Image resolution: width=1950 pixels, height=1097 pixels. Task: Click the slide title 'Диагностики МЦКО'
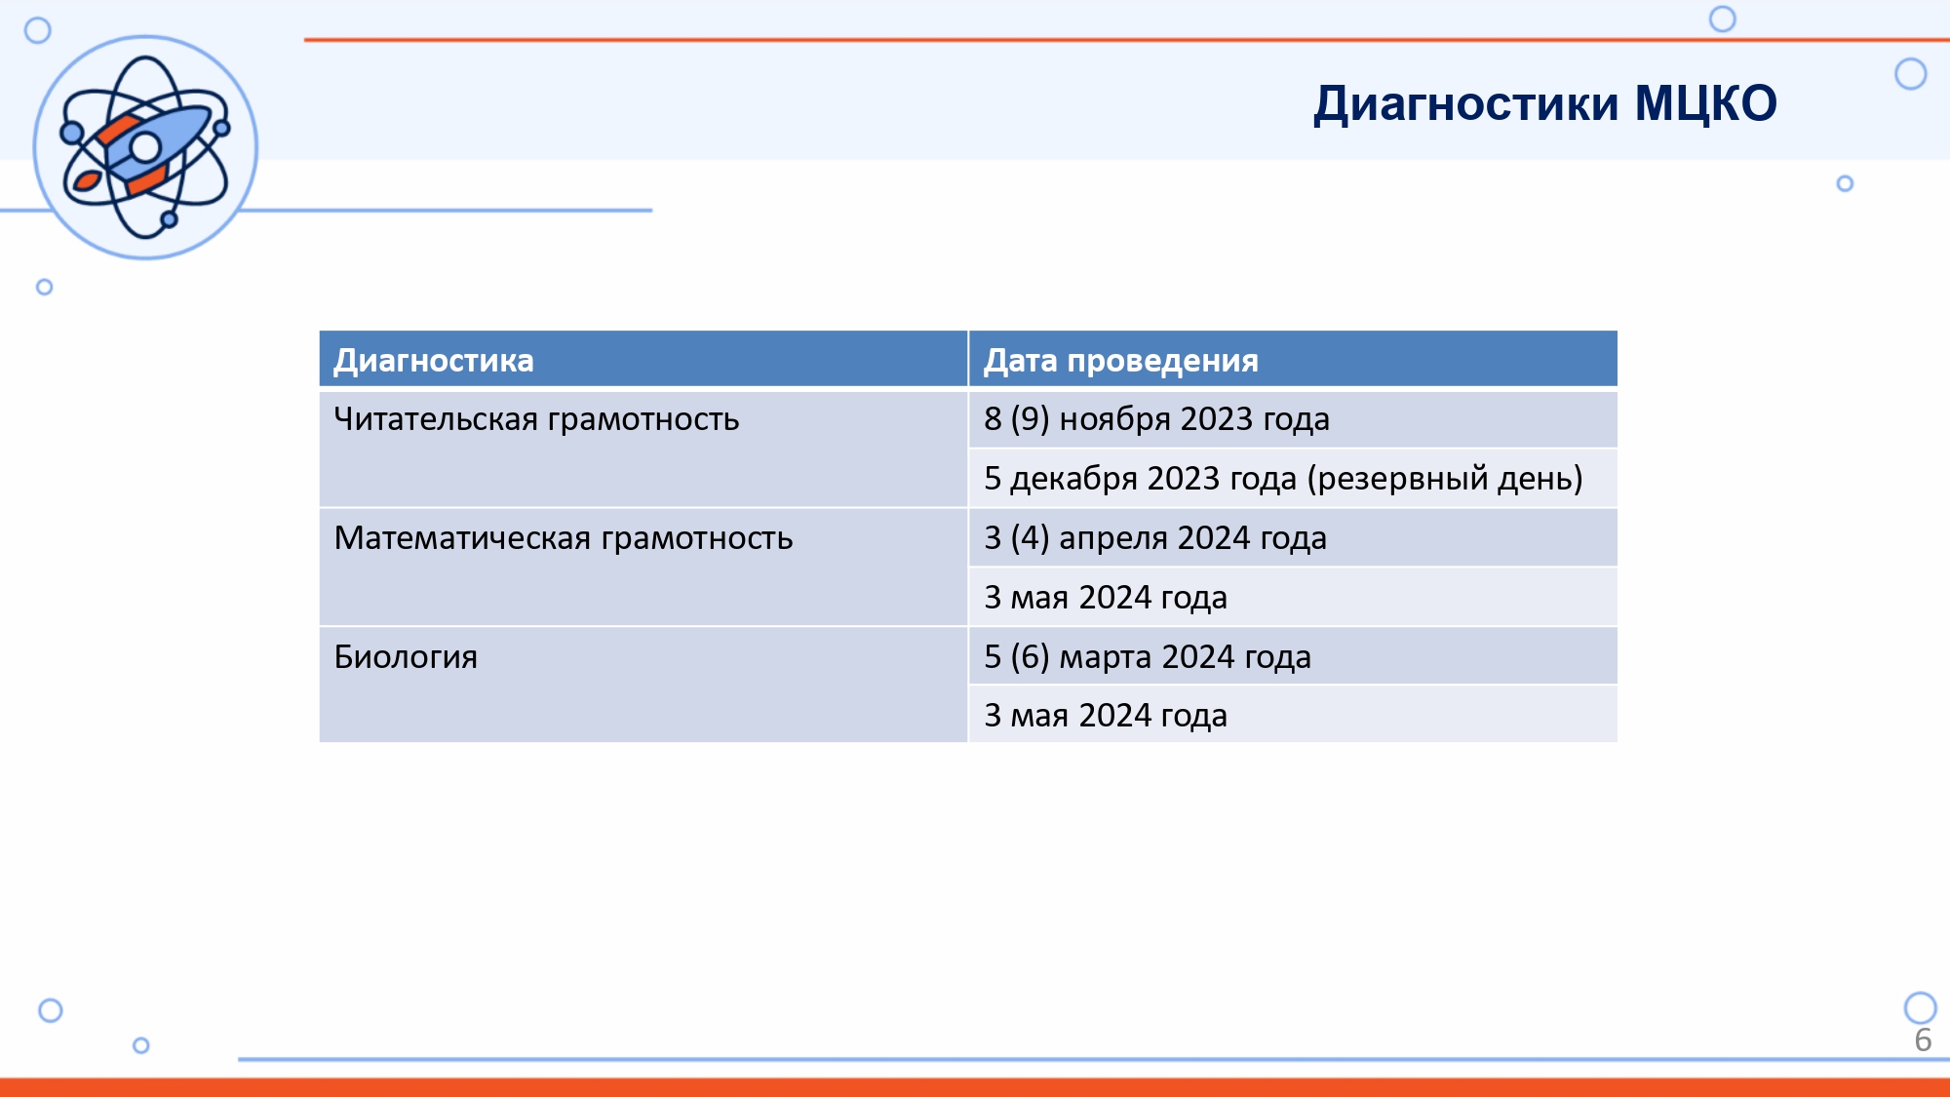(x=1545, y=104)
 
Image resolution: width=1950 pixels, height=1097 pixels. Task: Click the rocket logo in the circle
(x=145, y=147)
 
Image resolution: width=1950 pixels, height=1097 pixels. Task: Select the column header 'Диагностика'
(x=434, y=361)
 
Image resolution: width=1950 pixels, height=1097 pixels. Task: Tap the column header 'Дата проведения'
(x=1121, y=361)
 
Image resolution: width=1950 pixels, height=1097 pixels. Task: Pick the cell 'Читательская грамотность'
(x=536, y=419)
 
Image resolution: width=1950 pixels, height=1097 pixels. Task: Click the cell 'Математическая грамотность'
(x=564, y=538)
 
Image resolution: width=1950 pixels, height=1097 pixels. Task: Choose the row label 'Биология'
(x=406, y=657)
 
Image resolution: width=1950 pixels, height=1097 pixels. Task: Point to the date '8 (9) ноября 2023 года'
(x=1156, y=419)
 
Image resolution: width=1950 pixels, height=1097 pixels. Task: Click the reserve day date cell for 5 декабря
(x=1283, y=479)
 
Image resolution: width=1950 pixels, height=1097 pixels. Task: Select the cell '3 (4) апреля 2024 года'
(x=1155, y=538)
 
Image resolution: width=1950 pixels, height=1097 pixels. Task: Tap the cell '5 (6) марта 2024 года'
(x=1148, y=657)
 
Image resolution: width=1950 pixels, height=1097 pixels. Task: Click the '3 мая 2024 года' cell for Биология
(x=1106, y=716)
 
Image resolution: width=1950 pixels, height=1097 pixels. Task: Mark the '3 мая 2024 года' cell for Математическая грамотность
(x=1106, y=598)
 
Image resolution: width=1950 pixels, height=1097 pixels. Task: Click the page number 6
(x=1923, y=1040)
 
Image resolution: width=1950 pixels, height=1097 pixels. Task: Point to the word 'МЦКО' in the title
(x=1706, y=104)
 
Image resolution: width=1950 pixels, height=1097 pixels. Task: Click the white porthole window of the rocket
(x=145, y=147)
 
